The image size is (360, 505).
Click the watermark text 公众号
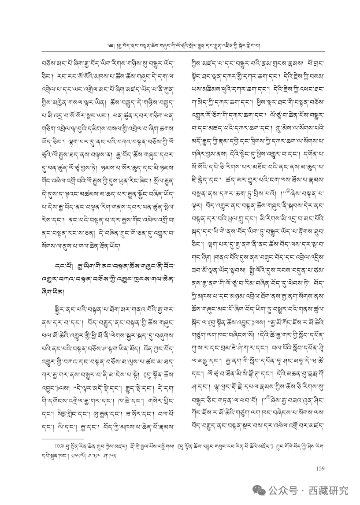[281, 490]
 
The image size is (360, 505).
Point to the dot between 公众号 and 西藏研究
[303, 490]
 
